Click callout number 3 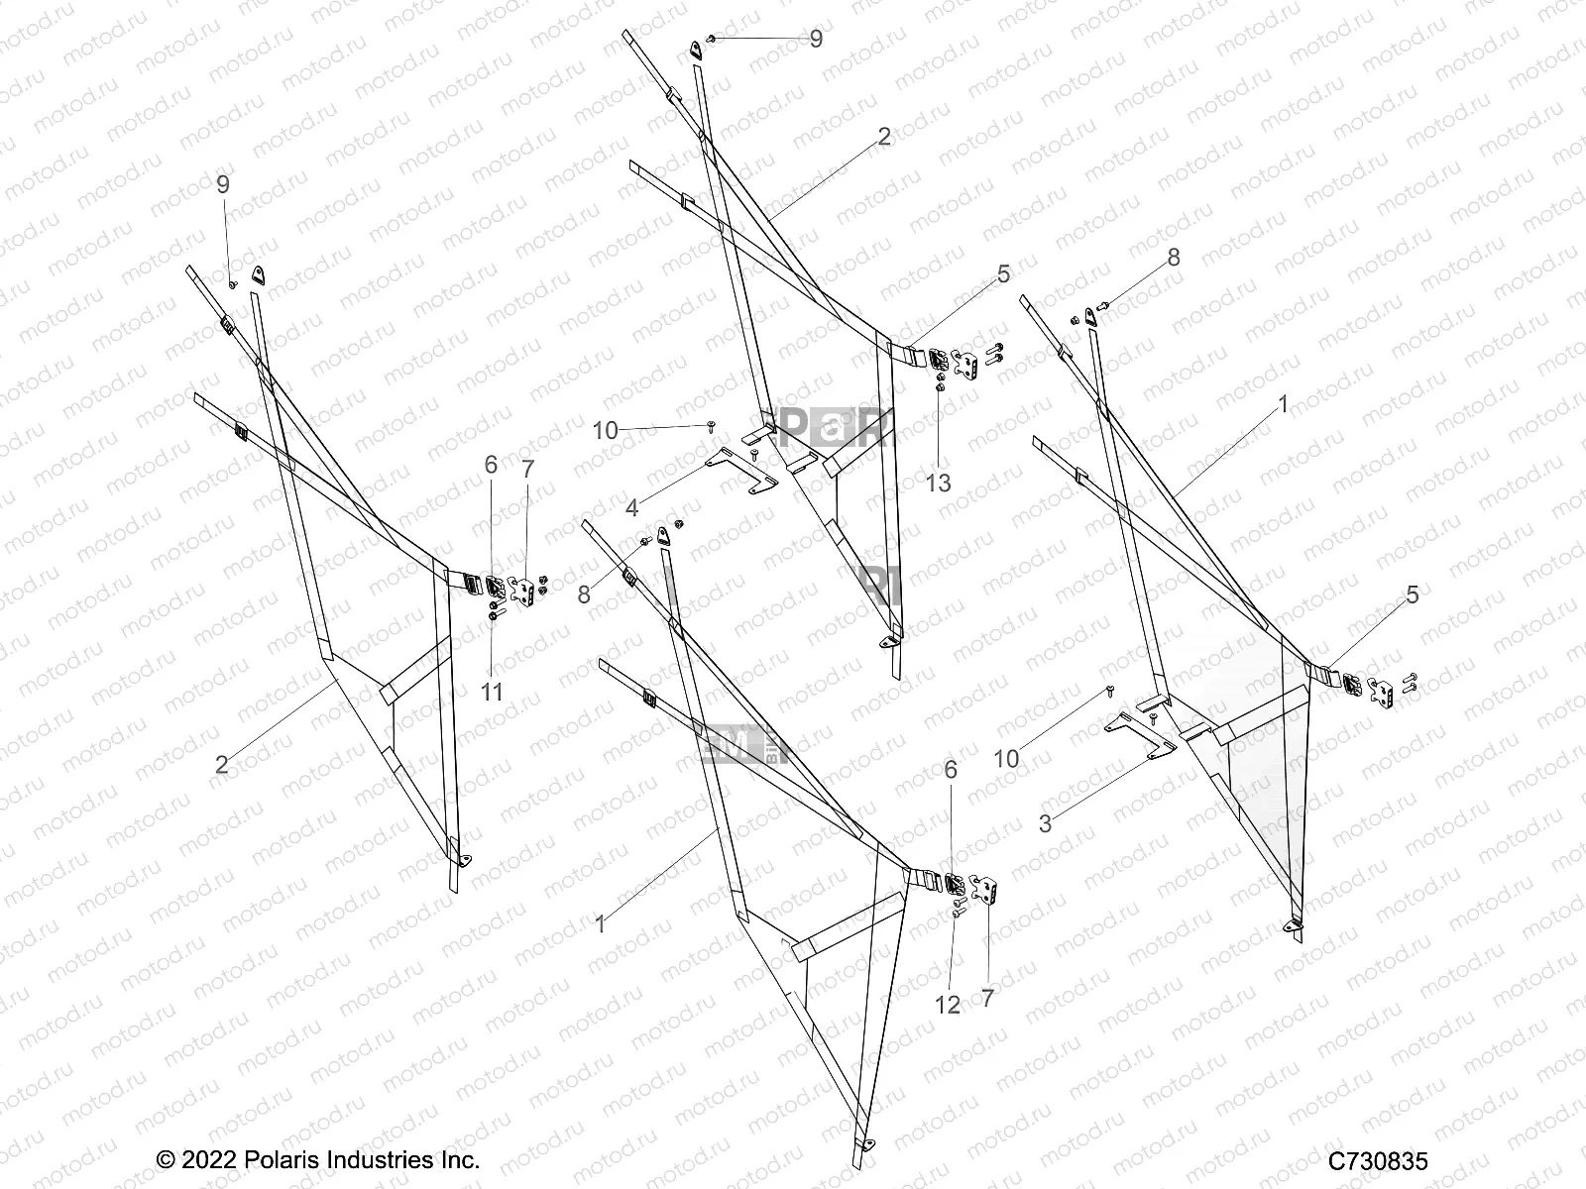coord(1045,822)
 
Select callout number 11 coord(492,692)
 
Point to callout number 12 coord(948,1004)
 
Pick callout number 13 coord(938,483)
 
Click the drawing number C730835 coord(1379,1160)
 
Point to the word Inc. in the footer coord(456,1160)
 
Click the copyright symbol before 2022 coord(167,1160)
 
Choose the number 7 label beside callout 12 coord(986,998)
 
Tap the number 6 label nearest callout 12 coord(952,769)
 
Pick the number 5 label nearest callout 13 coord(1003,274)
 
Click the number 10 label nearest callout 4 coord(632,430)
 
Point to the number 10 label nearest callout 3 coord(1006,759)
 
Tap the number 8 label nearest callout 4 coord(585,594)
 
